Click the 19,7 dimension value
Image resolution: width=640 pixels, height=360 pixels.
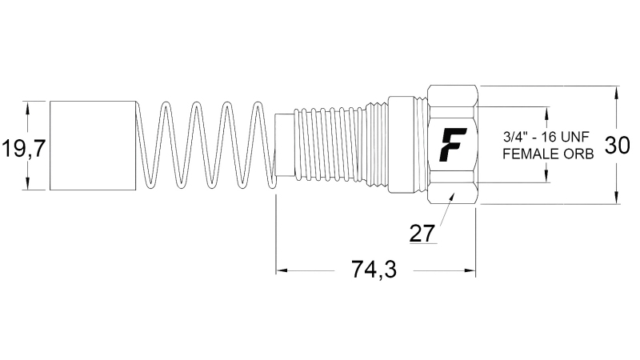(x=16, y=146)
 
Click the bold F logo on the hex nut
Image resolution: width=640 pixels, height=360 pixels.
(x=453, y=145)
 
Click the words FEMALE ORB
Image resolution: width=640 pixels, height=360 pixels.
(x=548, y=154)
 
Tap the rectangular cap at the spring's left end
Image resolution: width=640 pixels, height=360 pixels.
(x=92, y=146)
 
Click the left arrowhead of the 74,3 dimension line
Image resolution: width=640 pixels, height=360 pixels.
(x=281, y=270)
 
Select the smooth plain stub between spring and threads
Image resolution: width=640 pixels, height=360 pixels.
(x=284, y=146)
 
